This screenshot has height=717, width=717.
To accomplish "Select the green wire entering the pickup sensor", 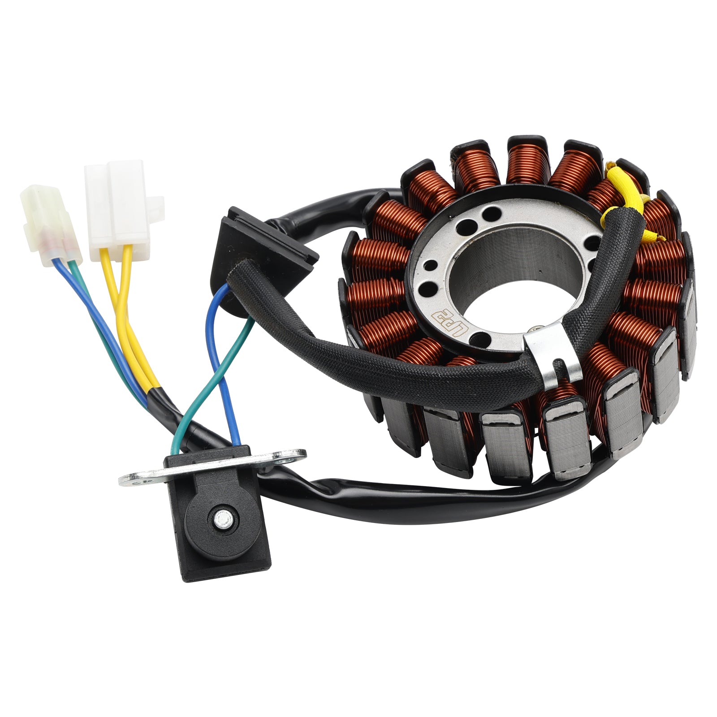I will pos(179,430).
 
